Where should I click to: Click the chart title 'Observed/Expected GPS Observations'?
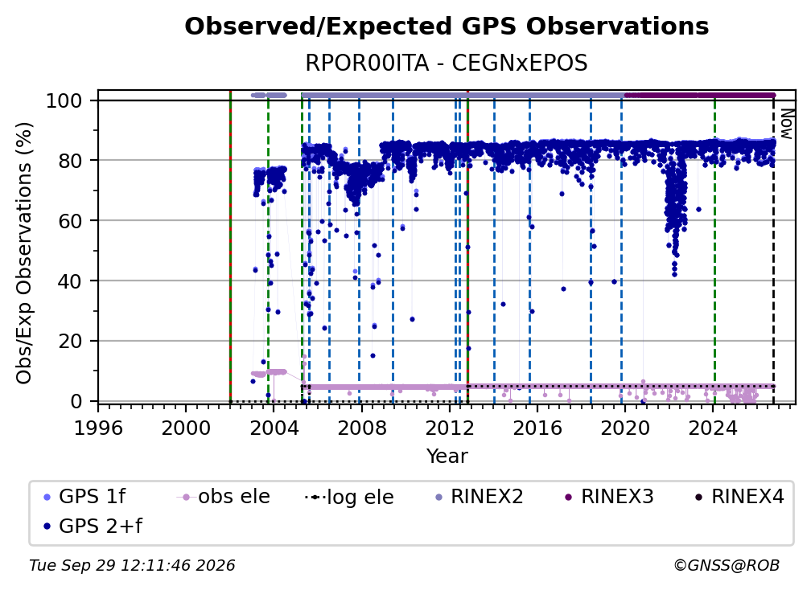coord(447,27)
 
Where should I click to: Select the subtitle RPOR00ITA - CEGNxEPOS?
coord(447,64)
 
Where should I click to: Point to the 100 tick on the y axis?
coord(95,100)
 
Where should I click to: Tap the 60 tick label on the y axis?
coord(70,220)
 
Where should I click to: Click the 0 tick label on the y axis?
coord(76,401)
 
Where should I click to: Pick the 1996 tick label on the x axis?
coord(98,428)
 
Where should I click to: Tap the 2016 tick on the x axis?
coord(537,406)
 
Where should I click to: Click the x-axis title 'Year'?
coord(447,457)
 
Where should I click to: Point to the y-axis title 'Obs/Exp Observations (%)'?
coord(24,253)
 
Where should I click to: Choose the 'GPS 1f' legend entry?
coord(84,497)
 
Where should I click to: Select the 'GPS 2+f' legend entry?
coord(93,526)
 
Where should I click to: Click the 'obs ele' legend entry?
coord(224,497)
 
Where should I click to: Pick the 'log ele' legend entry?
coord(350,497)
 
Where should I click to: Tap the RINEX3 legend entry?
coord(609,497)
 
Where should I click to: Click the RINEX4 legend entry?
coord(739,497)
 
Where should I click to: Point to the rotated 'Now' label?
coord(787,124)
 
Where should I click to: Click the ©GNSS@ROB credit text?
coord(727,566)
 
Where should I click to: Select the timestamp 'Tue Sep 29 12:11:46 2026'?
coord(132,566)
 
